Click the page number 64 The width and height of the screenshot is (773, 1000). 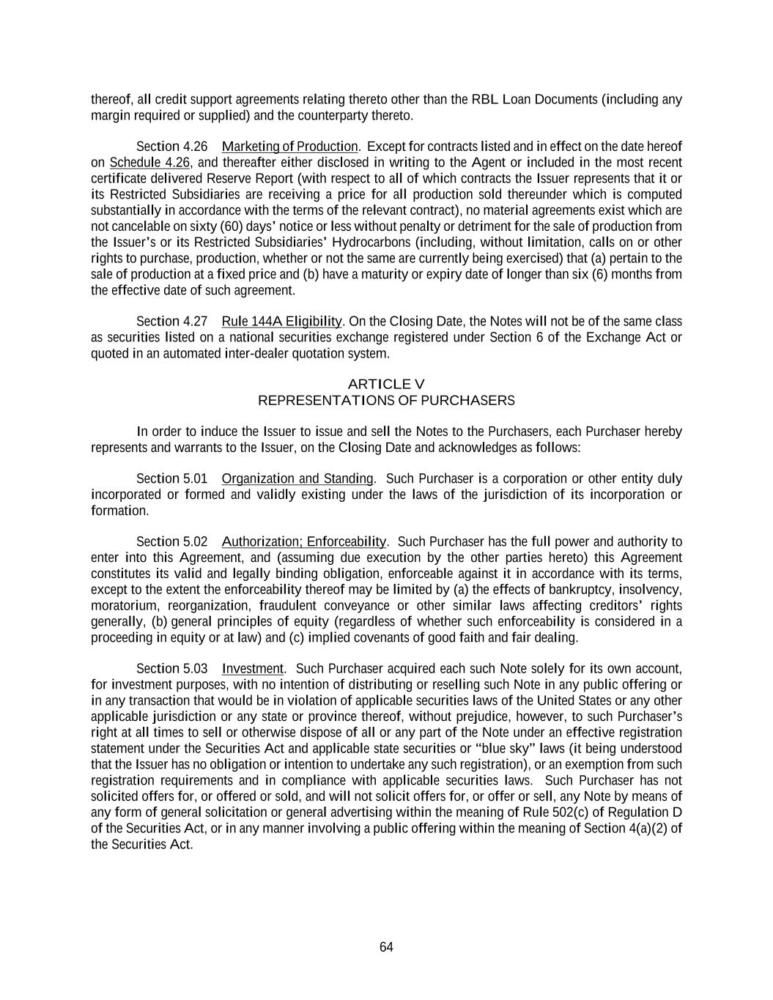click(x=386, y=947)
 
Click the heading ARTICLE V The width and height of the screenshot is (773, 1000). click(x=386, y=384)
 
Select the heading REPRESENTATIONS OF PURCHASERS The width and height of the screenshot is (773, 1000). click(x=386, y=401)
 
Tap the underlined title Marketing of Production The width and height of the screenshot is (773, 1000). click(x=289, y=147)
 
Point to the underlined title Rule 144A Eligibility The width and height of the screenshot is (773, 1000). click(x=281, y=322)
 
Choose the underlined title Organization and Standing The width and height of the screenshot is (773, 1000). click(x=297, y=479)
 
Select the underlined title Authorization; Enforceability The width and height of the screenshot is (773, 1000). click(x=303, y=542)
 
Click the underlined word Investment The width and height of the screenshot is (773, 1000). click(x=252, y=669)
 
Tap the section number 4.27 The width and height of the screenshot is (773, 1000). click(x=195, y=322)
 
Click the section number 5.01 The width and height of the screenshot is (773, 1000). click(x=195, y=479)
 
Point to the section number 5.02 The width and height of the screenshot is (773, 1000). click(x=195, y=542)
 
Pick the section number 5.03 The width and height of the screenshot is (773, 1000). click(x=195, y=669)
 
